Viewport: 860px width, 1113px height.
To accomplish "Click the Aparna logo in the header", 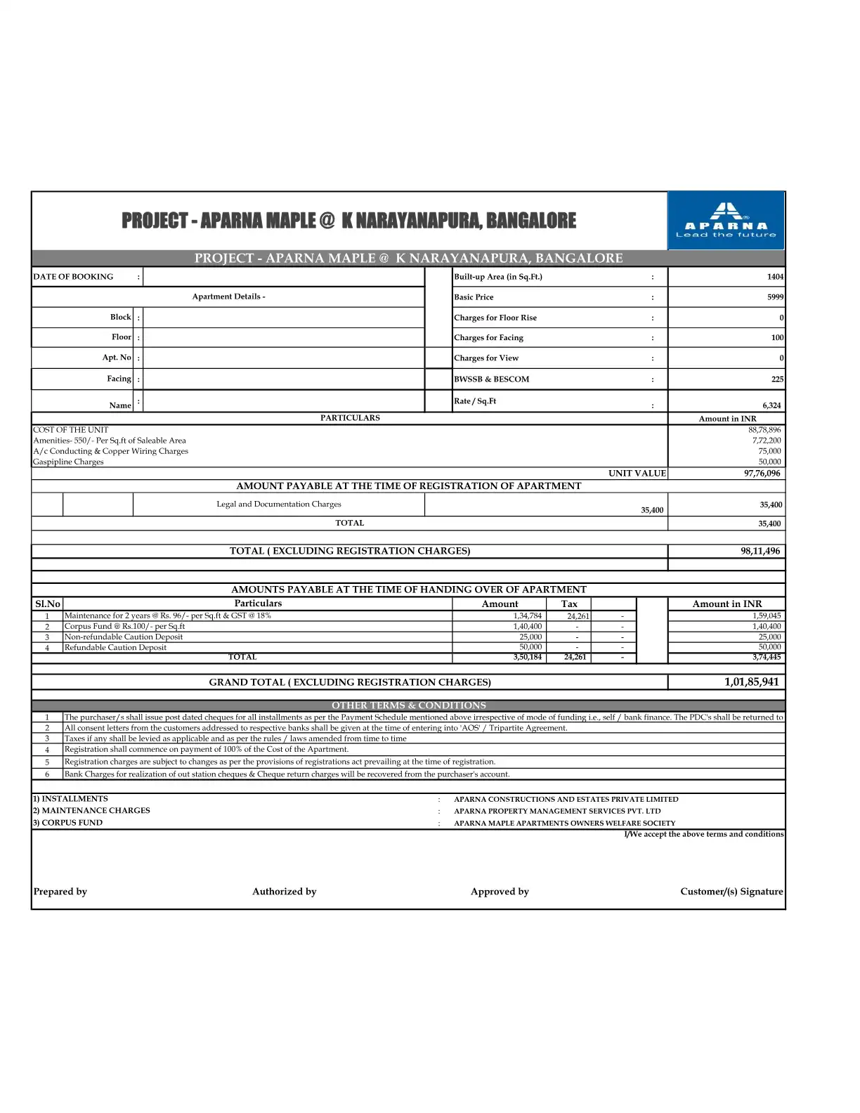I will [726, 221].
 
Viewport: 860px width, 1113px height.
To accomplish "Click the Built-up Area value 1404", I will [775, 277].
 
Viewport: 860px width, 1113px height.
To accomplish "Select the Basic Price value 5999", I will [775, 297].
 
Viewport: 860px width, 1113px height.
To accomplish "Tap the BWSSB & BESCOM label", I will [492, 379].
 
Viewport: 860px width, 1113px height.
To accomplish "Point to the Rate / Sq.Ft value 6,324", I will [771, 405].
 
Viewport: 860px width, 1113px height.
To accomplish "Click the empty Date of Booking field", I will [283, 277].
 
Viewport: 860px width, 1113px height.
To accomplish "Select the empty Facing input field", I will [283, 379].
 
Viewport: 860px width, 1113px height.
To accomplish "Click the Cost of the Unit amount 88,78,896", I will [764, 430].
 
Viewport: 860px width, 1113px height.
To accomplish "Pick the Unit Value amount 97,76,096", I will [762, 474].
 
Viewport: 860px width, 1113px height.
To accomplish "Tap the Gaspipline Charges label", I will [68, 462].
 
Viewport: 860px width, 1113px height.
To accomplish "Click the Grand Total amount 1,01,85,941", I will [752, 682].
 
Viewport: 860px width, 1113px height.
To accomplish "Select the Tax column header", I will [569, 604].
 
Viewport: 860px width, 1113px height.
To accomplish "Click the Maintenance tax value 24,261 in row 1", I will [578, 616].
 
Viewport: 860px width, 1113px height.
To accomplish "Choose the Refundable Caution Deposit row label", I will [115, 648].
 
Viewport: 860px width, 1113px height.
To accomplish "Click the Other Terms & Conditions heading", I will [409, 705].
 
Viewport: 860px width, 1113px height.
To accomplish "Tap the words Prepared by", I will [60, 892].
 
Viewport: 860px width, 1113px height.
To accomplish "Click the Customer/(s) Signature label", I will [731, 892].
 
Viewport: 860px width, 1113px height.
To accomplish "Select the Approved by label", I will [500, 892].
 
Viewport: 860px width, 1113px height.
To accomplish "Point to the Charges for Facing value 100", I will [777, 338].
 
